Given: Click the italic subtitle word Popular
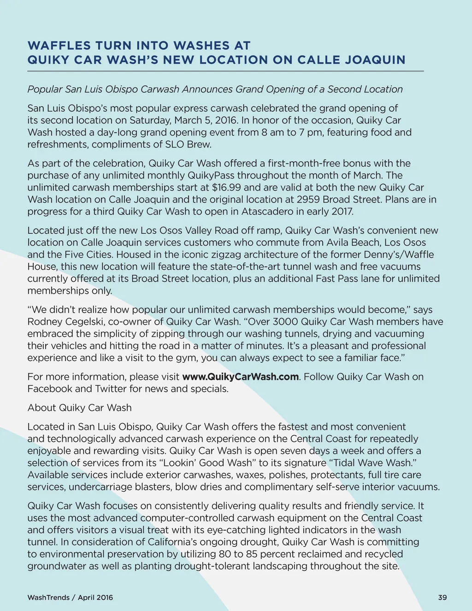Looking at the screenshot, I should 45,89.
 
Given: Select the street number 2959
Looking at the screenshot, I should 308,199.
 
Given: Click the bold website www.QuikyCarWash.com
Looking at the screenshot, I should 241,377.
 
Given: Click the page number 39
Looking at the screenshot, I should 442,598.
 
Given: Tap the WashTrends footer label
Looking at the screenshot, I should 48,598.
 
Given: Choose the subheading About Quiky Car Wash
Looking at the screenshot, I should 79,408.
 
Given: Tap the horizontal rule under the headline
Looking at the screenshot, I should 225,71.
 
